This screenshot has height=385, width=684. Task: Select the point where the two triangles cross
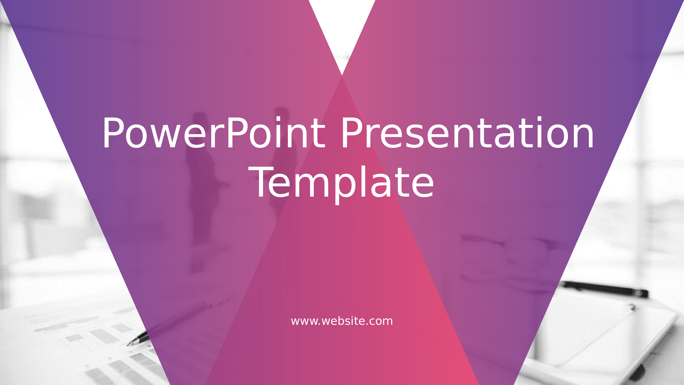(x=342, y=75)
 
